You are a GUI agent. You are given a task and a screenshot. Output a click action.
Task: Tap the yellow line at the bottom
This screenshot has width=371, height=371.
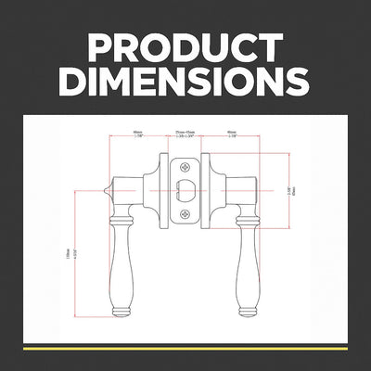(185, 348)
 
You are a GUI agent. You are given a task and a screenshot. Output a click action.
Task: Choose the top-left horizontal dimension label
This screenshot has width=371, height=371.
(137, 134)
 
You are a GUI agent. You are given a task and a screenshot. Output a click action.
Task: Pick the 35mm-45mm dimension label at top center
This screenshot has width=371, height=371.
(185, 134)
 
